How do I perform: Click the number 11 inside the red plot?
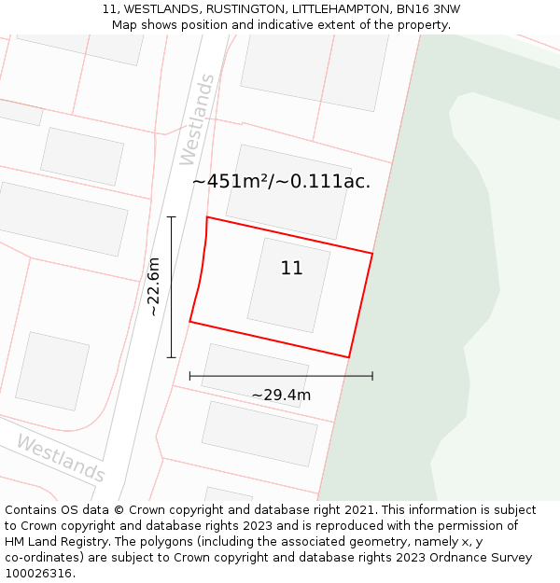291,269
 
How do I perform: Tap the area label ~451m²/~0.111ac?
281,182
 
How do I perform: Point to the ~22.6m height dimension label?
154,286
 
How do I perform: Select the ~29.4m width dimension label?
281,395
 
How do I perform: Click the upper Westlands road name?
197,119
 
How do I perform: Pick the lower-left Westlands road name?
60,458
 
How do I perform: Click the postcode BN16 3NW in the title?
427,9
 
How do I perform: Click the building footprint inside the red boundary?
288,285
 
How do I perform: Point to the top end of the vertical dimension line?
171,216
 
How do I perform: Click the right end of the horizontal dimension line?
372,376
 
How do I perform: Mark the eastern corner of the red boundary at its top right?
372,253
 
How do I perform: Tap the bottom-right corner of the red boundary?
349,357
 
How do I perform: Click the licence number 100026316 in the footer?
38,574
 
